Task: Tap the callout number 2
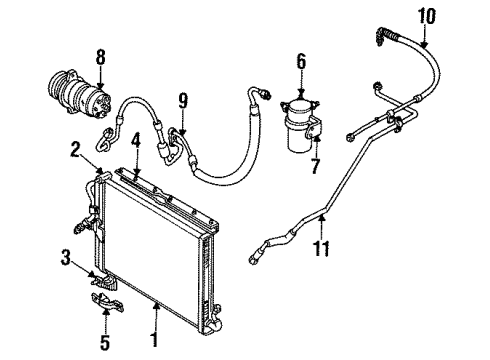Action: point(75,151)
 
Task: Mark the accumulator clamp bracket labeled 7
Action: point(313,128)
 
